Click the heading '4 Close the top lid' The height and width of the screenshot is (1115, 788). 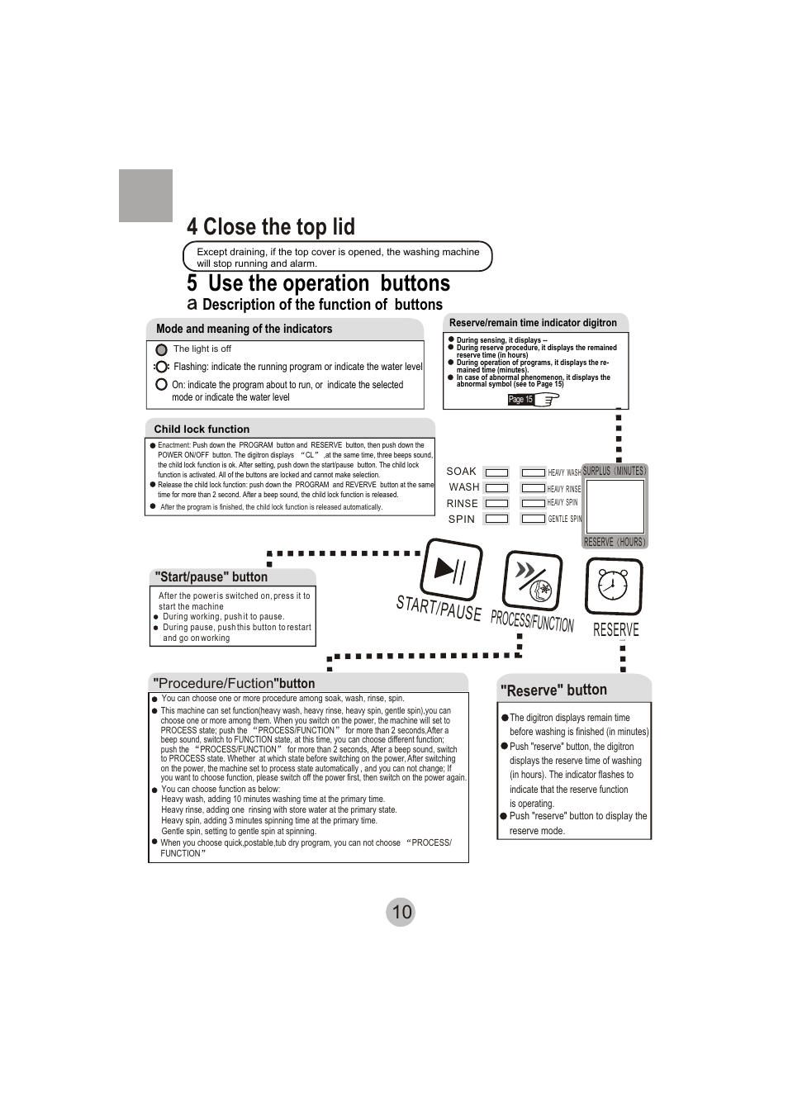[x=271, y=227]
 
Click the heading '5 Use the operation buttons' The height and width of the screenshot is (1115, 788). [x=318, y=283]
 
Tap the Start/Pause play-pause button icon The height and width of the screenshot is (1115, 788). [x=451, y=569]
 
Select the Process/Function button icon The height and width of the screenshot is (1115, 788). [x=532, y=581]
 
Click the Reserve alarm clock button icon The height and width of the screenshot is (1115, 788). [x=614, y=586]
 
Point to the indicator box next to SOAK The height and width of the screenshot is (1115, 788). [x=496, y=472]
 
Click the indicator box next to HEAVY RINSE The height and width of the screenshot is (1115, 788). [x=534, y=488]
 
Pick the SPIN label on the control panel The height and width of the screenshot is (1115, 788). [x=462, y=520]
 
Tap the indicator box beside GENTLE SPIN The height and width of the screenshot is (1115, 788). [x=534, y=519]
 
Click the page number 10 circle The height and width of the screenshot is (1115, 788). [x=401, y=912]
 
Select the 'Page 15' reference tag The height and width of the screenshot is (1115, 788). [x=520, y=400]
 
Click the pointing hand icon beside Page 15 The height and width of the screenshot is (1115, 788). [x=547, y=400]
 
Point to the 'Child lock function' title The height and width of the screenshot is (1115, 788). [x=202, y=429]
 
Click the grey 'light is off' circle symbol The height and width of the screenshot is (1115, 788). [x=161, y=349]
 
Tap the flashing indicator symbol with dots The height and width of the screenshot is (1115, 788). [x=161, y=367]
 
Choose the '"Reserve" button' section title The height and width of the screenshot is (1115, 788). [x=553, y=690]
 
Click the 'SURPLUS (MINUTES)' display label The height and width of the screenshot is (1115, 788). [x=615, y=471]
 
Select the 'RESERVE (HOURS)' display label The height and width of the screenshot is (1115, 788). [x=615, y=542]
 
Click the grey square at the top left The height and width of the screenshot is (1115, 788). [x=145, y=196]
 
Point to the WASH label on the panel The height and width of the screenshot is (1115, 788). [x=464, y=487]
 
